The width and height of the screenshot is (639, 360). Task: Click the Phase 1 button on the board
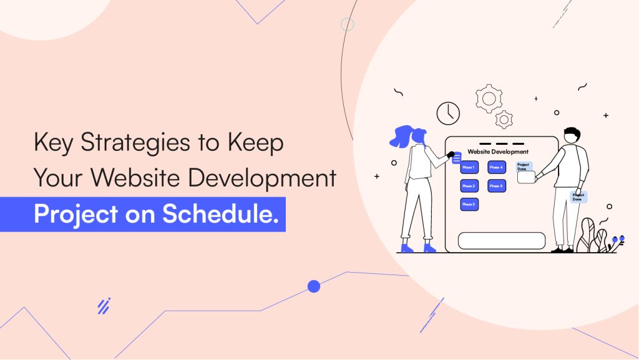coord(469,167)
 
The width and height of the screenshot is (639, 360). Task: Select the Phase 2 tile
coord(469,186)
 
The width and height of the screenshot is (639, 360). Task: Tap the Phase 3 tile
coord(469,204)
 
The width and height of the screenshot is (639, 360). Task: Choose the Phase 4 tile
coord(497,167)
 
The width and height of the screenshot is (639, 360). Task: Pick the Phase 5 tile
coord(497,186)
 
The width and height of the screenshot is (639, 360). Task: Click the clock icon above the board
coord(448,113)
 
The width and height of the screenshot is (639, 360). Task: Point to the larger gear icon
coord(489,98)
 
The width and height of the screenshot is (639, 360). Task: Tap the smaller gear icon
coord(504,119)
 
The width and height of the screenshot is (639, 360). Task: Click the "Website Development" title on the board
coord(498,152)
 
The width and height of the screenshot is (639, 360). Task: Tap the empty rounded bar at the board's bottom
coord(502,240)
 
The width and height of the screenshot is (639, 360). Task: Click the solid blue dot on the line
coord(314,286)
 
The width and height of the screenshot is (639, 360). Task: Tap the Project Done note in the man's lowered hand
coord(578,197)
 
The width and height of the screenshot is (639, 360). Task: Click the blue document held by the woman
coord(457,158)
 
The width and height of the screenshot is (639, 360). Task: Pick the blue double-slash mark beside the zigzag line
coord(104,306)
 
